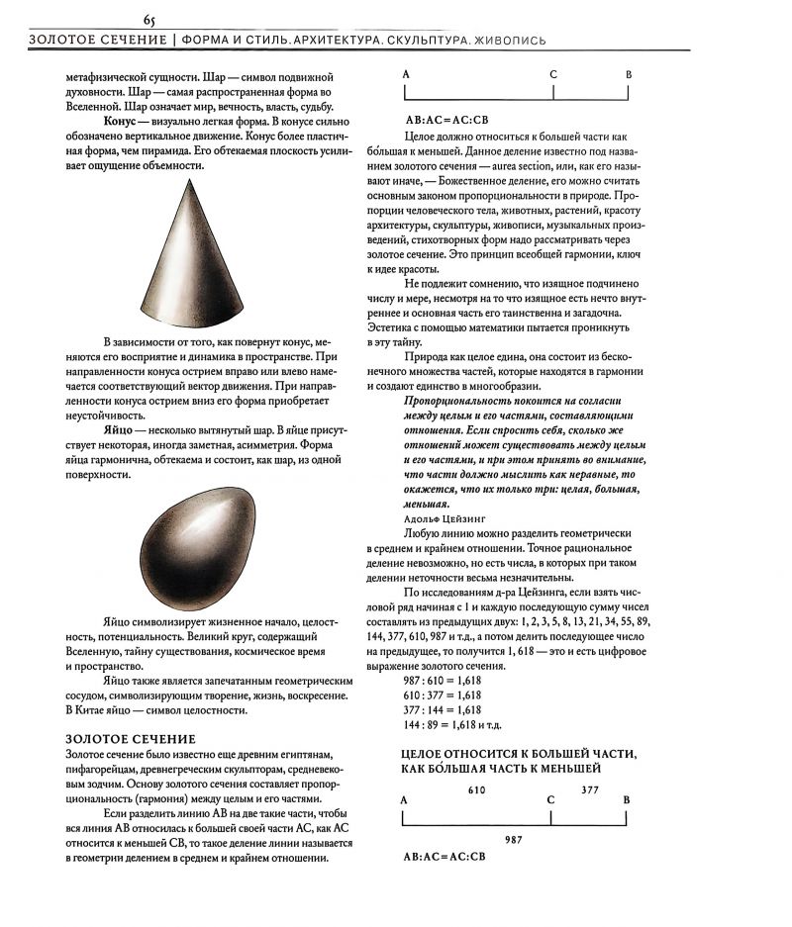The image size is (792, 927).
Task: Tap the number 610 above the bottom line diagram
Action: click(x=476, y=790)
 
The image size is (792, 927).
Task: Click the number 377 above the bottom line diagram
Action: click(x=590, y=790)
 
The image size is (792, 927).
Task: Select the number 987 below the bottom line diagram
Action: click(x=514, y=838)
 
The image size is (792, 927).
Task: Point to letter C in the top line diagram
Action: click(x=552, y=74)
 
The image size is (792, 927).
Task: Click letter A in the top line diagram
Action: click(x=406, y=74)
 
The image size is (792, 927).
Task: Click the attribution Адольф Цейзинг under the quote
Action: click(x=442, y=517)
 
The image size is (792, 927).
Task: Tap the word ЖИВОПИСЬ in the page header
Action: click(x=506, y=41)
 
